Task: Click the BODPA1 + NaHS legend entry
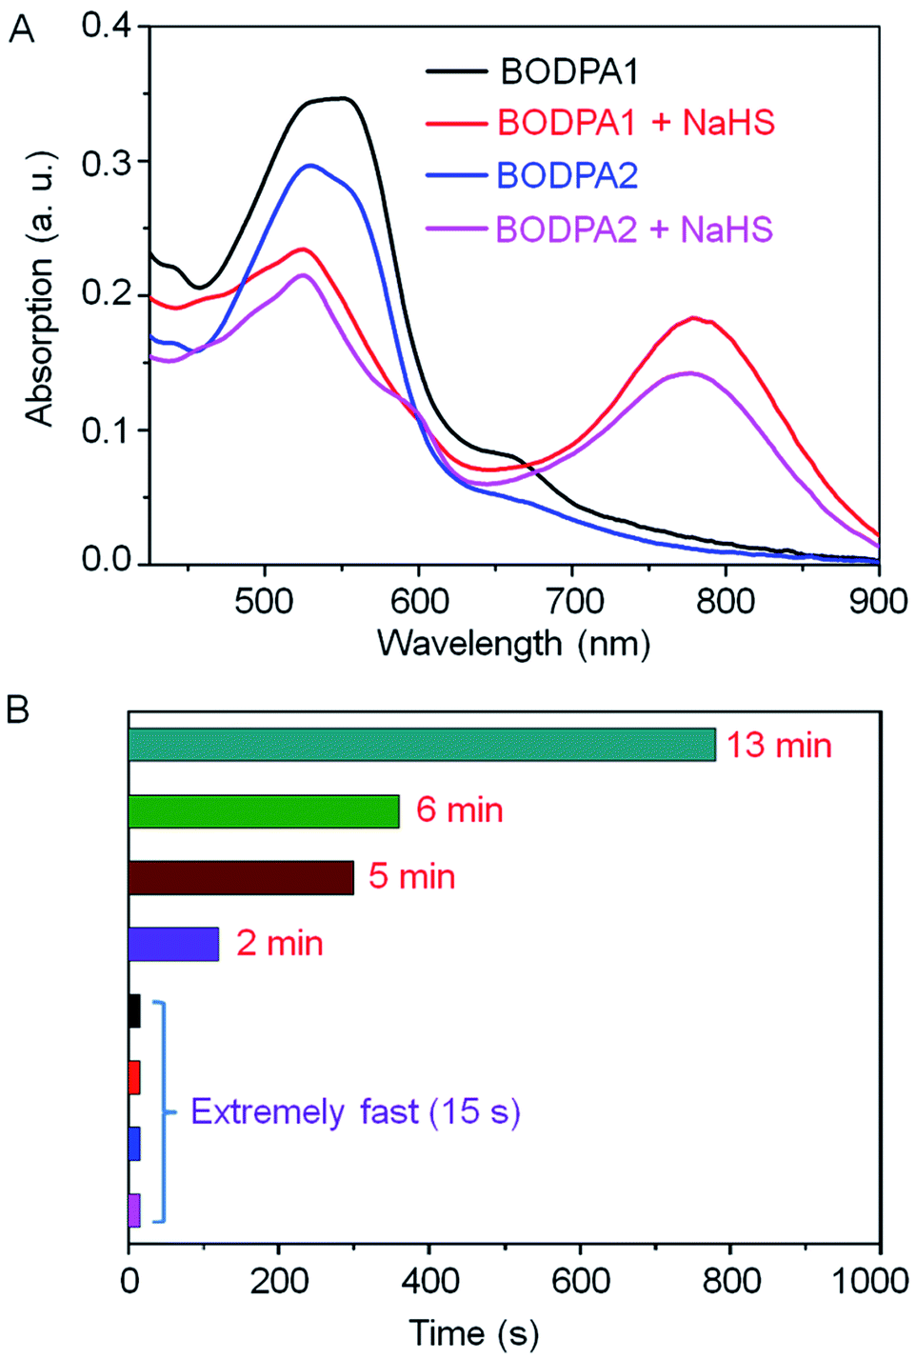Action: click(x=635, y=123)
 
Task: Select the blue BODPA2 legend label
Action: click(x=567, y=176)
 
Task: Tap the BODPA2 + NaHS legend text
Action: click(x=634, y=230)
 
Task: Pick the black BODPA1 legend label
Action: click(x=569, y=71)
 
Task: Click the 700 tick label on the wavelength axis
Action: click(x=574, y=601)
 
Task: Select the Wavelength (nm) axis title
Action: click(x=513, y=644)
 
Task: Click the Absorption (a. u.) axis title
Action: click(x=39, y=287)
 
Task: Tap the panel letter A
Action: click(x=21, y=30)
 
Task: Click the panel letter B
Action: click(x=18, y=709)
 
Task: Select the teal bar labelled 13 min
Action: click(x=421, y=745)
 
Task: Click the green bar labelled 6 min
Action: click(x=264, y=811)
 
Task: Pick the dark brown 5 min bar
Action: click(x=241, y=877)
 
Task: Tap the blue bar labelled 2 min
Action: click(x=173, y=944)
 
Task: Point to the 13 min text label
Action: click(x=779, y=746)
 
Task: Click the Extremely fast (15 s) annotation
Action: click(x=355, y=1111)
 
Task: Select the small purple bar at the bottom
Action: click(x=134, y=1209)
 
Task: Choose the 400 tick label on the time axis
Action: click(x=429, y=1281)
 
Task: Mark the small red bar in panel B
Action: click(x=134, y=1077)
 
